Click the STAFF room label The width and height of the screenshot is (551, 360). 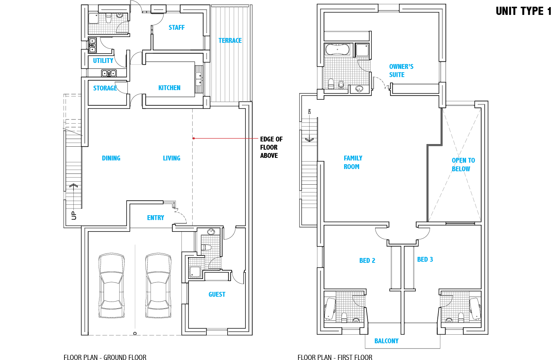(177, 28)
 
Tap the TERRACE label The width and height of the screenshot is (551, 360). (230, 41)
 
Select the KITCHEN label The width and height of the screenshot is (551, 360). (169, 88)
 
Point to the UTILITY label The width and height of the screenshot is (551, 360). (103, 60)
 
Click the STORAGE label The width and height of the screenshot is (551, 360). (105, 88)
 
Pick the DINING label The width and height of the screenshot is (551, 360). (111, 158)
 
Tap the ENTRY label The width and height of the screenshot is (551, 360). (155, 217)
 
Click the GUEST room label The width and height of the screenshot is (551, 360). (217, 294)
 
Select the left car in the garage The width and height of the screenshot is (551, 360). (111, 286)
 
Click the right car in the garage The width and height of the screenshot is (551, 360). (158, 286)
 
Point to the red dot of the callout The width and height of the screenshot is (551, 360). (194, 138)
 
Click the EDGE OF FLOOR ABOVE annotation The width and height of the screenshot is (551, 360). (271, 147)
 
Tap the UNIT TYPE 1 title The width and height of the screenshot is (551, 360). (523, 11)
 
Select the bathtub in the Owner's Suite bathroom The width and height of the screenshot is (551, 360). (337, 50)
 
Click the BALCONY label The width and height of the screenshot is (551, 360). (386, 341)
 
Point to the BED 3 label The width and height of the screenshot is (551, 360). (425, 259)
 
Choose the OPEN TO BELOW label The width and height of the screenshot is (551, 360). (463, 165)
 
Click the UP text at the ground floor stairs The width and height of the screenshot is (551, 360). (74, 215)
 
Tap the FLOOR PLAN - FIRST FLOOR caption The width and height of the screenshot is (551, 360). (335, 357)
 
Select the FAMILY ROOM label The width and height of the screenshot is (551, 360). (353, 162)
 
